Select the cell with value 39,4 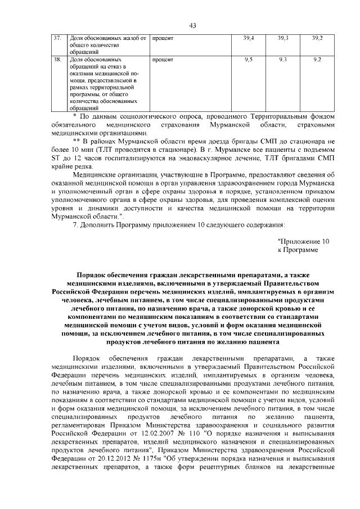coord(249,38)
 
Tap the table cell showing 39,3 coord(283,38)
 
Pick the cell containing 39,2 coord(317,38)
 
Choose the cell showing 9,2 coord(317,59)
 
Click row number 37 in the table coord(57,38)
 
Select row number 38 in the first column coord(57,59)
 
